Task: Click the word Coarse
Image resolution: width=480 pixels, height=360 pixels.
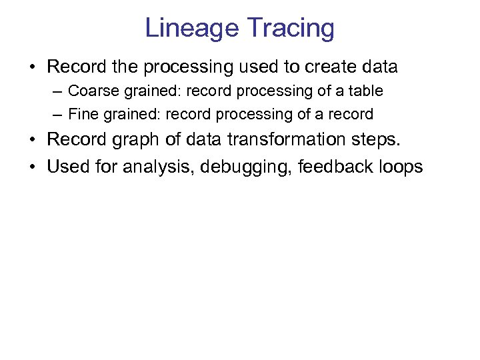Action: (91, 91)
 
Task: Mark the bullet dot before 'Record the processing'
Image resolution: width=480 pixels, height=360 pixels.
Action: (32, 68)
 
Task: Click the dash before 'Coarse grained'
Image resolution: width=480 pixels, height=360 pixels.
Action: (58, 91)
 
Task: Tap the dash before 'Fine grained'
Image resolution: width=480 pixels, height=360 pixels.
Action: (58, 115)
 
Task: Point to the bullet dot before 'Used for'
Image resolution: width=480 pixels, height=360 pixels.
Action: (32, 167)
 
